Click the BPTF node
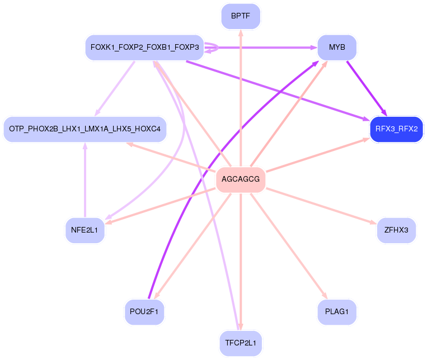[x=241, y=16]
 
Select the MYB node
[x=337, y=48]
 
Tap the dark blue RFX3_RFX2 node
[x=396, y=129]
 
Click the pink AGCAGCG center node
[x=241, y=179]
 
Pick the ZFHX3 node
[x=396, y=230]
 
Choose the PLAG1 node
[x=337, y=312]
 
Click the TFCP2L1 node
[x=241, y=343]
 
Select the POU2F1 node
[x=144, y=312]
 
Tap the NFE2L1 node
[x=85, y=230]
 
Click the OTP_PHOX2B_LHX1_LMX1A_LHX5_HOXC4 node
[x=85, y=129]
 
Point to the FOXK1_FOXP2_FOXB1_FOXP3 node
[x=144, y=48]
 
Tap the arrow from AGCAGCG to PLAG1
[x=289, y=246]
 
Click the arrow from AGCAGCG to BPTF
[x=241, y=98]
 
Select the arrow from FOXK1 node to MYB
[x=261, y=48]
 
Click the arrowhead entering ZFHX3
[x=374, y=223]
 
